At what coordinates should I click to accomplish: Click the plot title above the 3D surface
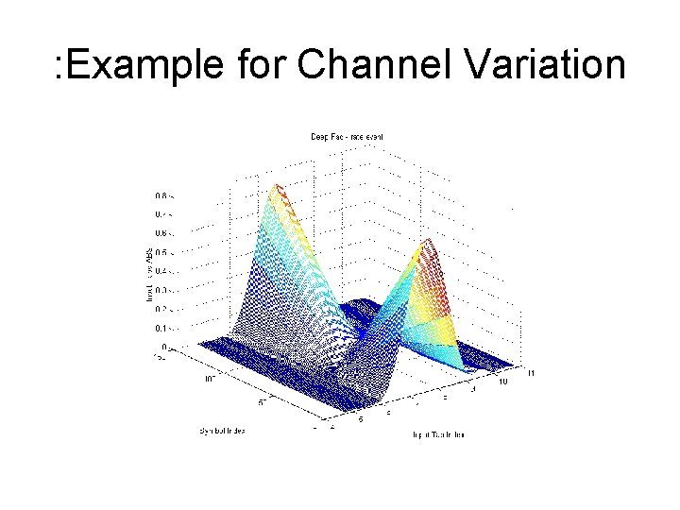(x=347, y=137)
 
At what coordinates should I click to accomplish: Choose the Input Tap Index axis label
(x=437, y=435)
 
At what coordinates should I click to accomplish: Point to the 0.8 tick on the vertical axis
(x=163, y=195)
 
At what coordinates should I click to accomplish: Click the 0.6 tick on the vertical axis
(x=163, y=233)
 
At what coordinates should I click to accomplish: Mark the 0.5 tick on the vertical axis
(x=163, y=253)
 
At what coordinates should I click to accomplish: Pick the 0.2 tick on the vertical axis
(x=163, y=310)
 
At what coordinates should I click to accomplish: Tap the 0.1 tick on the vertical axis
(x=163, y=329)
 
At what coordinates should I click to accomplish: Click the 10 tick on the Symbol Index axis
(x=211, y=380)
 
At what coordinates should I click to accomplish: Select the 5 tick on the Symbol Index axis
(x=262, y=401)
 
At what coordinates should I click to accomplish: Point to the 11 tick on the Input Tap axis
(x=532, y=373)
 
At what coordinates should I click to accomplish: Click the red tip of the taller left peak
(x=275, y=189)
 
